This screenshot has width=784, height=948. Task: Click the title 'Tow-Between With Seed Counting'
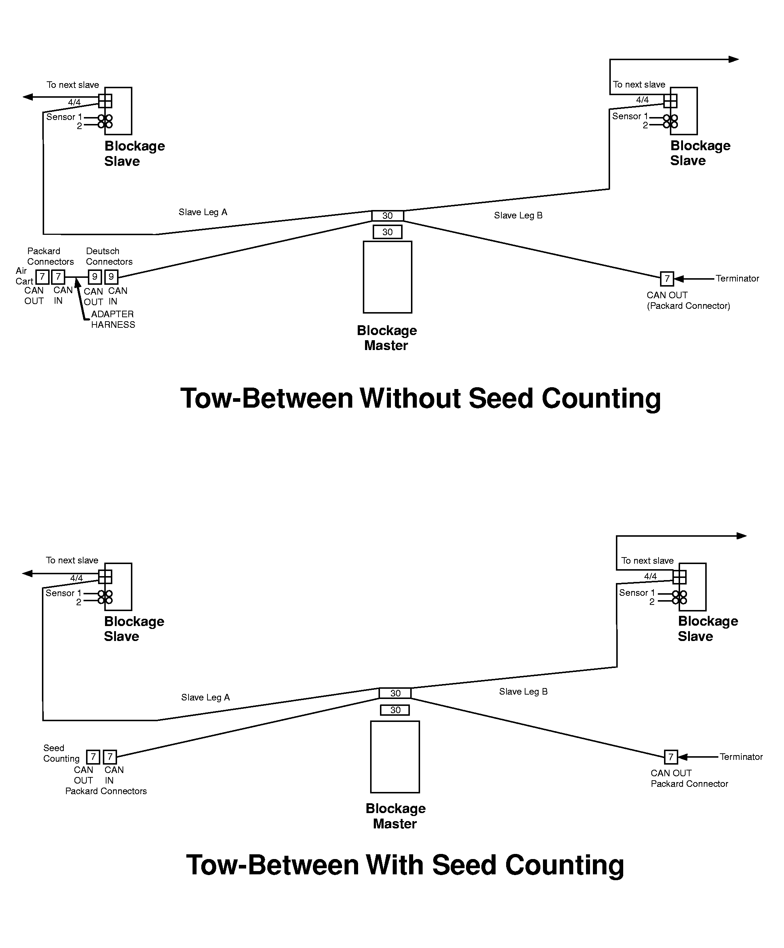point(405,865)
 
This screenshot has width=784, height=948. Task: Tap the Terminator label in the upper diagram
point(737,279)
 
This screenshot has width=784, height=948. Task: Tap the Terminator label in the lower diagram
point(741,757)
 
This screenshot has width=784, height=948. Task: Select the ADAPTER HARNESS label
point(113,319)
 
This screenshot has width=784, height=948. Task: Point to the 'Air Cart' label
point(24,276)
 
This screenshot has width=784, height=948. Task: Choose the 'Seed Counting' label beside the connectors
point(61,753)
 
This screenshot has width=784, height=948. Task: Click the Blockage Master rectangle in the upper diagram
point(387,277)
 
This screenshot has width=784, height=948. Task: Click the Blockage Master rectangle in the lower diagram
point(395,757)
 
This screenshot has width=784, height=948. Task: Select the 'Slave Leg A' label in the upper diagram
point(203,212)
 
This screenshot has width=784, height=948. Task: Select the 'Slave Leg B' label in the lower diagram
point(523,692)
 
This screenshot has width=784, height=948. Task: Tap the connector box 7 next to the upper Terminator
point(667,279)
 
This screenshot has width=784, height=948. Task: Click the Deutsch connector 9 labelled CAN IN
point(111,277)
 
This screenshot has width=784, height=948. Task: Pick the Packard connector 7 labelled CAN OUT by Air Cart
point(42,277)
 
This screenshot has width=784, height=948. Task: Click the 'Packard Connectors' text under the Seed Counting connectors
point(106,791)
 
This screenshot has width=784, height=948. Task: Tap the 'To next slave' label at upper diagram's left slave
point(73,85)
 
